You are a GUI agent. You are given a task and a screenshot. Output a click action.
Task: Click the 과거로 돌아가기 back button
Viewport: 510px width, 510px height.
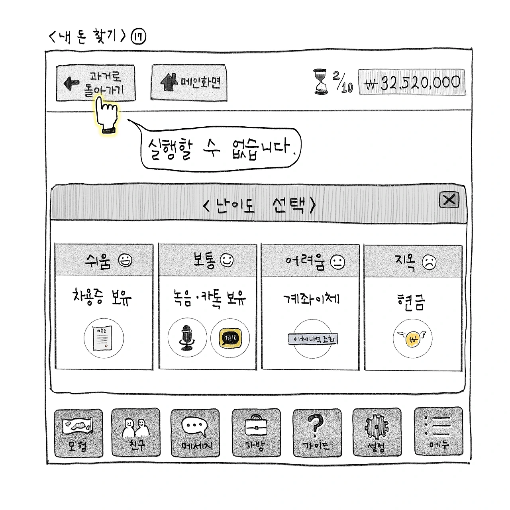coord(96,83)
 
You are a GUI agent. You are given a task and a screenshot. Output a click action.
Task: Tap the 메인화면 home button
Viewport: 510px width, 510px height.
coord(189,82)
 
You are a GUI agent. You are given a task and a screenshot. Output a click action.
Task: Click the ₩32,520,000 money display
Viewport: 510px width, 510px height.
coord(412,82)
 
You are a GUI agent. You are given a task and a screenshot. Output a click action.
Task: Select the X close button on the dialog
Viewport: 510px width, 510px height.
coord(449,199)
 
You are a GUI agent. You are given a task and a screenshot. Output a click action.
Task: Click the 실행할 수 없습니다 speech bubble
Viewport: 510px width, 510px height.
coord(221,149)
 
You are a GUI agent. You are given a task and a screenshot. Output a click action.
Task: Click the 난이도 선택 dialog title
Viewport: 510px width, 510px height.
coord(259,205)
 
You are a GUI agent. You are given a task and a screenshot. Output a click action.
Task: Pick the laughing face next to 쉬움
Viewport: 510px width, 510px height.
coord(126,261)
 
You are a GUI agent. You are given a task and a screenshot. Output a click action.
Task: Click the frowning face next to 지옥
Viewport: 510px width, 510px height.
coord(429,262)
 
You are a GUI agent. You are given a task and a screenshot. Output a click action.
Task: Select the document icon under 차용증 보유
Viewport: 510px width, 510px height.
coord(103,338)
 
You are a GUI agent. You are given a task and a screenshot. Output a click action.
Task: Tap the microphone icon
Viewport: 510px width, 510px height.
coord(187,338)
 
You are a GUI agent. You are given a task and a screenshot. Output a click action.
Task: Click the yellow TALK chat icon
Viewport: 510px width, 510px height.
coord(230,338)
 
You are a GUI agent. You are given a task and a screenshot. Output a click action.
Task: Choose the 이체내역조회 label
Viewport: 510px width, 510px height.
coord(313,339)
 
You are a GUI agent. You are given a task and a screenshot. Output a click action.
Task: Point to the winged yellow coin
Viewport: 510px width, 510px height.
coord(412,339)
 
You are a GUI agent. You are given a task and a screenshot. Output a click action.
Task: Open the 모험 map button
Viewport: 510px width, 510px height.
coord(78,433)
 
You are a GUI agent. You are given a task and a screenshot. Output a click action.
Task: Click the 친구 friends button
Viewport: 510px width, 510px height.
coord(136,433)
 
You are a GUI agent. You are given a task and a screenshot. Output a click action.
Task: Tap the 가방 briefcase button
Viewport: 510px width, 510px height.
coord(256,433)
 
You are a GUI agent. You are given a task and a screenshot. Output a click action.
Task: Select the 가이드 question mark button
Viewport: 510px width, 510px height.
coord(317,433)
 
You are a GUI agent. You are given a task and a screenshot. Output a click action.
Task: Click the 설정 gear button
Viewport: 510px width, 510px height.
coord(377,433)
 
